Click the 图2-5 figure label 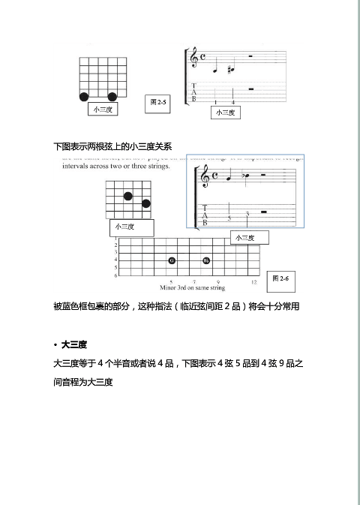pos(158,101)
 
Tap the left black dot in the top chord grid pos(84,96)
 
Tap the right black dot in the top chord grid pos(112,96)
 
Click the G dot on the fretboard pos(172,260)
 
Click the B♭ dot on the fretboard pos(206,260)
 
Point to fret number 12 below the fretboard pos(254,281)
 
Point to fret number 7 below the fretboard pos(194,281)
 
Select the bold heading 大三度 pos(75,344)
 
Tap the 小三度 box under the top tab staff pos(225,113)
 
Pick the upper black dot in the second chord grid pos(128,196)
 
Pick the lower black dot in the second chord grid pos(146,203)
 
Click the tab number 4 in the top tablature pos(233,101)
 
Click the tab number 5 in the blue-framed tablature pos(229,219)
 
